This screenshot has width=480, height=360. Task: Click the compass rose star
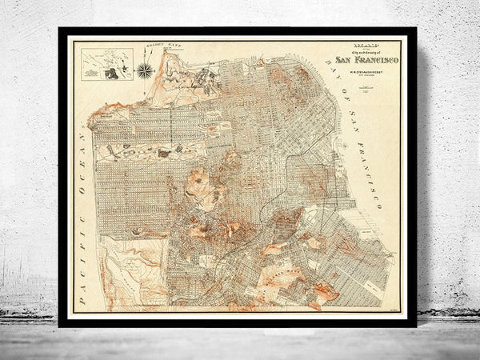[x=145, y=70]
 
